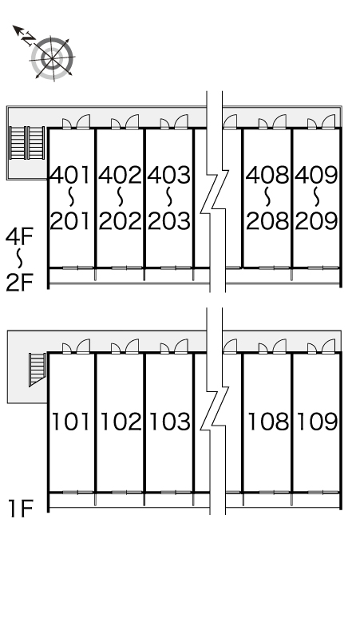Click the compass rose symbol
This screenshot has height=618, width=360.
[53, 59]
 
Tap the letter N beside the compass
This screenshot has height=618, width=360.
[28, 38]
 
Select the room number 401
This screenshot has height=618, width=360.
[71, 175]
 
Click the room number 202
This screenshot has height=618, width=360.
[120, 220]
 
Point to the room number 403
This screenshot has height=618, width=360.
[169, 175]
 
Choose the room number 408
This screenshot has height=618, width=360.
[267, 175]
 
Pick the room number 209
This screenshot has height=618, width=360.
[317, 220]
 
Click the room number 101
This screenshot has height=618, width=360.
[71, 422]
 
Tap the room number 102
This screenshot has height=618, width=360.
[121, 422]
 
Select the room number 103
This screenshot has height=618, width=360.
[170, 422]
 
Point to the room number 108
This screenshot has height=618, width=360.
[268, 422]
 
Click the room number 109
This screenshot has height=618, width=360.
[318, 422]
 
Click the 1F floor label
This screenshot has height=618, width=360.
[21, 508]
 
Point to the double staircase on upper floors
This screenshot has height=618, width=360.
[27, 143]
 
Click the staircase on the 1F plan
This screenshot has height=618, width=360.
[38, 370]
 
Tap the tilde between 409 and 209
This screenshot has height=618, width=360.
[317, 197]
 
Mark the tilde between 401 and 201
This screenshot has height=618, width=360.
[71, 197]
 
